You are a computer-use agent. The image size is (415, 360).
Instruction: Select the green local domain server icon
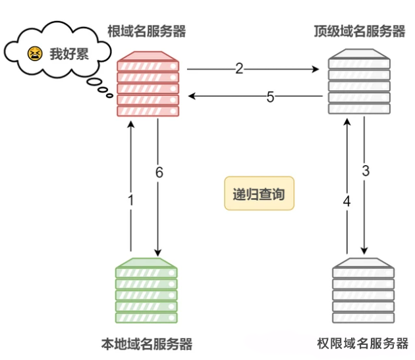(x=146, y=292)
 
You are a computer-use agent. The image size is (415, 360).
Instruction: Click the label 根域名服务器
(x=146, y=31)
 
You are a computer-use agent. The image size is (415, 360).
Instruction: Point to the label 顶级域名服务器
(x=360, y=31)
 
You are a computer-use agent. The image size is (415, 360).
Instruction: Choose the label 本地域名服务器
(x=146, y=344)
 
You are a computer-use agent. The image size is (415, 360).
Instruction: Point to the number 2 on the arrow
(x=239, y=68)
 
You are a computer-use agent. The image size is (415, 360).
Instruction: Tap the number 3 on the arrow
(x=366, y=171)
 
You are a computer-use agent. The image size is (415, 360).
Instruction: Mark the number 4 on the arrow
(x=347, y=201)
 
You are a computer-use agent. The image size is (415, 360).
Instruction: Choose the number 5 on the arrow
(x=270, y=97)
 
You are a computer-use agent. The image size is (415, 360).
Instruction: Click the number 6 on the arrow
(x=159, y=172)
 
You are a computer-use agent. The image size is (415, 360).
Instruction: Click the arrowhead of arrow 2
(x=323, y=68)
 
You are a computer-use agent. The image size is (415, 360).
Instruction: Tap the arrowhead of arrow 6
(x=158, y=252)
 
